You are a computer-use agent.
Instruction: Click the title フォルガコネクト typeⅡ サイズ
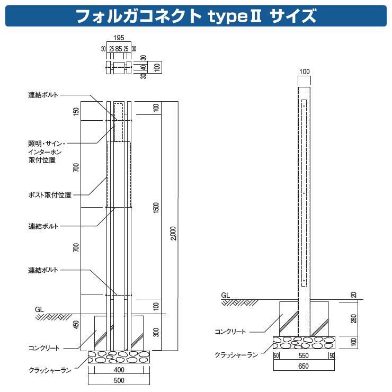(196, 16)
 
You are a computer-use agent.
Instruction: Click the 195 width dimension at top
(119, 39)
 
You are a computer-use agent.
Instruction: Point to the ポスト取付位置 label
(50, 195)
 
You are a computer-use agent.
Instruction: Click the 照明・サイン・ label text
(47, 144)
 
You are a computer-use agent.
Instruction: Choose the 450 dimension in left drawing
(76, 324)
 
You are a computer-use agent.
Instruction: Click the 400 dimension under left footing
(119, 369)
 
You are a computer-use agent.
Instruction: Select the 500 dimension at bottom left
(119, 380)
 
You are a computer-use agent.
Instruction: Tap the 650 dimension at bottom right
(303, 366)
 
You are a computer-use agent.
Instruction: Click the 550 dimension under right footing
(303, 355)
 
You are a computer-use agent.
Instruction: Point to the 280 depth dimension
(353, 318)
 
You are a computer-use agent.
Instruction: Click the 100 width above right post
(304, 72)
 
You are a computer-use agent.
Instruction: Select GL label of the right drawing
(225, 296)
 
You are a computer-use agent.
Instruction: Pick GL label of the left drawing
(39, 308)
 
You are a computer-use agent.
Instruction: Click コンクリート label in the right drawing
(230, 332)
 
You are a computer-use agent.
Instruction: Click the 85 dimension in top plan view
(119, 49)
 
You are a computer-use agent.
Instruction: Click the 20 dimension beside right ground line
(353, 295)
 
